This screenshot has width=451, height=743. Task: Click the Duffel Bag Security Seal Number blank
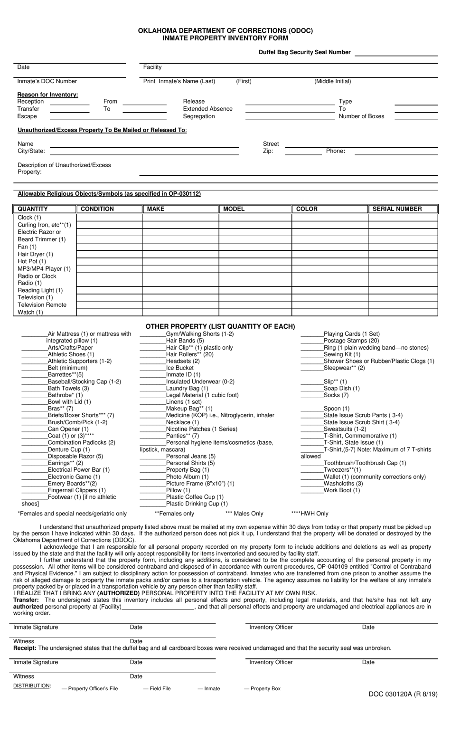pyautogui.click(x=396, y=53)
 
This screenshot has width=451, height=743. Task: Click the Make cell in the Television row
pyautogui.click(x=180, y=298)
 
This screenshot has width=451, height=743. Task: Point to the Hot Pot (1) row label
pyautogui.click(x=32, y=262)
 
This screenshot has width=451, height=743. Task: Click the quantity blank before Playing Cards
pyautogui.click(x=312, y=334)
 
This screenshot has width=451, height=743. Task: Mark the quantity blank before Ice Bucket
pyautogui.click(x=152, y=368)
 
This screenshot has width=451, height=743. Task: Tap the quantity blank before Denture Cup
pyautogui.click(x=34, y=450)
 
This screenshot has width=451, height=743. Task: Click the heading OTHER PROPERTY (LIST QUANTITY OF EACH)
pyautogui.click(x=220, y=326)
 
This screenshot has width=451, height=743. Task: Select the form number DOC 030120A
pyautogui.click(x=403, y=694)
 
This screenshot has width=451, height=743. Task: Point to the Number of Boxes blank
pyautogui.click(x=416, y=117)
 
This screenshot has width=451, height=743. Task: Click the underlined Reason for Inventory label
pyautogui.click(x=47, y=95)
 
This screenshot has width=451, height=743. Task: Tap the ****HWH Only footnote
pyautogui.click(x=310, y=514)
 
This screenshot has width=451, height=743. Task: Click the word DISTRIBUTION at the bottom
pyautogui.click(x=32, y=686)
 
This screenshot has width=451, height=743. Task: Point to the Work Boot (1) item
pyautogui.click(x=341, y=490)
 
